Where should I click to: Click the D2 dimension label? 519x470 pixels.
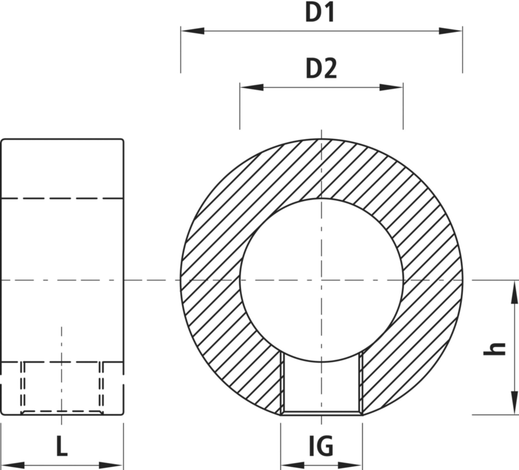(321, 69)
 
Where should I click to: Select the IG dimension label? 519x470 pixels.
(321, 446)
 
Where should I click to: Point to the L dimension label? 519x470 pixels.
(62, 446)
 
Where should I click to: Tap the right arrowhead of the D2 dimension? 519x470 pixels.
(391, 87)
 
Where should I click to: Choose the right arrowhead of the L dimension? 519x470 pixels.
(111, 465)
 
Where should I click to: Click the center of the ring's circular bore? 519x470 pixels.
(321, 280)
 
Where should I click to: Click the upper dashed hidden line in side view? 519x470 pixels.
(62, 198)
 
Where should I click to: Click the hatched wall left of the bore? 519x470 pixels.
(210, 280)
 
